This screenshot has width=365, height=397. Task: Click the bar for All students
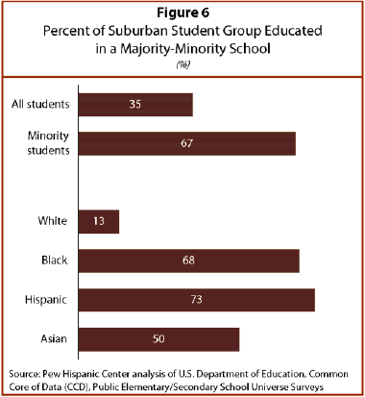click(135, 105)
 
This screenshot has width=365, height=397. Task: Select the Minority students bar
click(187, 143)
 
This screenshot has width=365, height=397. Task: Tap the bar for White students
click(99, 221)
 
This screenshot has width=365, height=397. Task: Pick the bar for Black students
click(189, 261)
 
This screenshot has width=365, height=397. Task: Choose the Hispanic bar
click(197, 300)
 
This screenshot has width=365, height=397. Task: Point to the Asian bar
click(159, 339)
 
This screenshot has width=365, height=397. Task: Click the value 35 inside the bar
click(135, 104)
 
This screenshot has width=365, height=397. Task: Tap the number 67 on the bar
click(186, 143)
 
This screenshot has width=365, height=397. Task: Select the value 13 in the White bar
click(99, 221)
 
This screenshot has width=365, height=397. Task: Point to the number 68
click(188, 261)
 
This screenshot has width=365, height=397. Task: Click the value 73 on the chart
click(196, 299)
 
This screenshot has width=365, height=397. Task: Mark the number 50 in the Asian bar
click(158, 338)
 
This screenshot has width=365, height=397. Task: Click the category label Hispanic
click(46, 300)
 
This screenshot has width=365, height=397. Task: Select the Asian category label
click(54, 339)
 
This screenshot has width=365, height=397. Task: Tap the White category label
click(53, 221)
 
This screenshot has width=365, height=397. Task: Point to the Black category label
click(55, 260)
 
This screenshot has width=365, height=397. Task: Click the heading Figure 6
click(182, 12)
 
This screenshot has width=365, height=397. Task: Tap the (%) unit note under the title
click(182, 64)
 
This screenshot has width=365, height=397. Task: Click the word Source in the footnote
click(24, 374)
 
